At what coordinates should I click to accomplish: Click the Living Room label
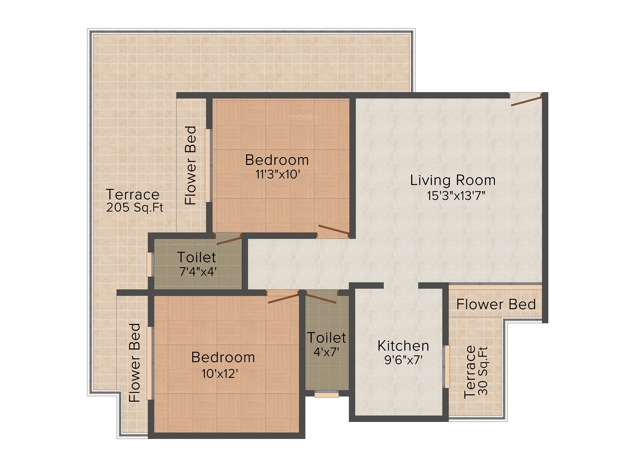coord(453,180)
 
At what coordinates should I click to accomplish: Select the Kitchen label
coord(403,346)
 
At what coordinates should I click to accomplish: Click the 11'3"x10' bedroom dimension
coord(278,174)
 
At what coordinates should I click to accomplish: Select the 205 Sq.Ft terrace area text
coord(135,208)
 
